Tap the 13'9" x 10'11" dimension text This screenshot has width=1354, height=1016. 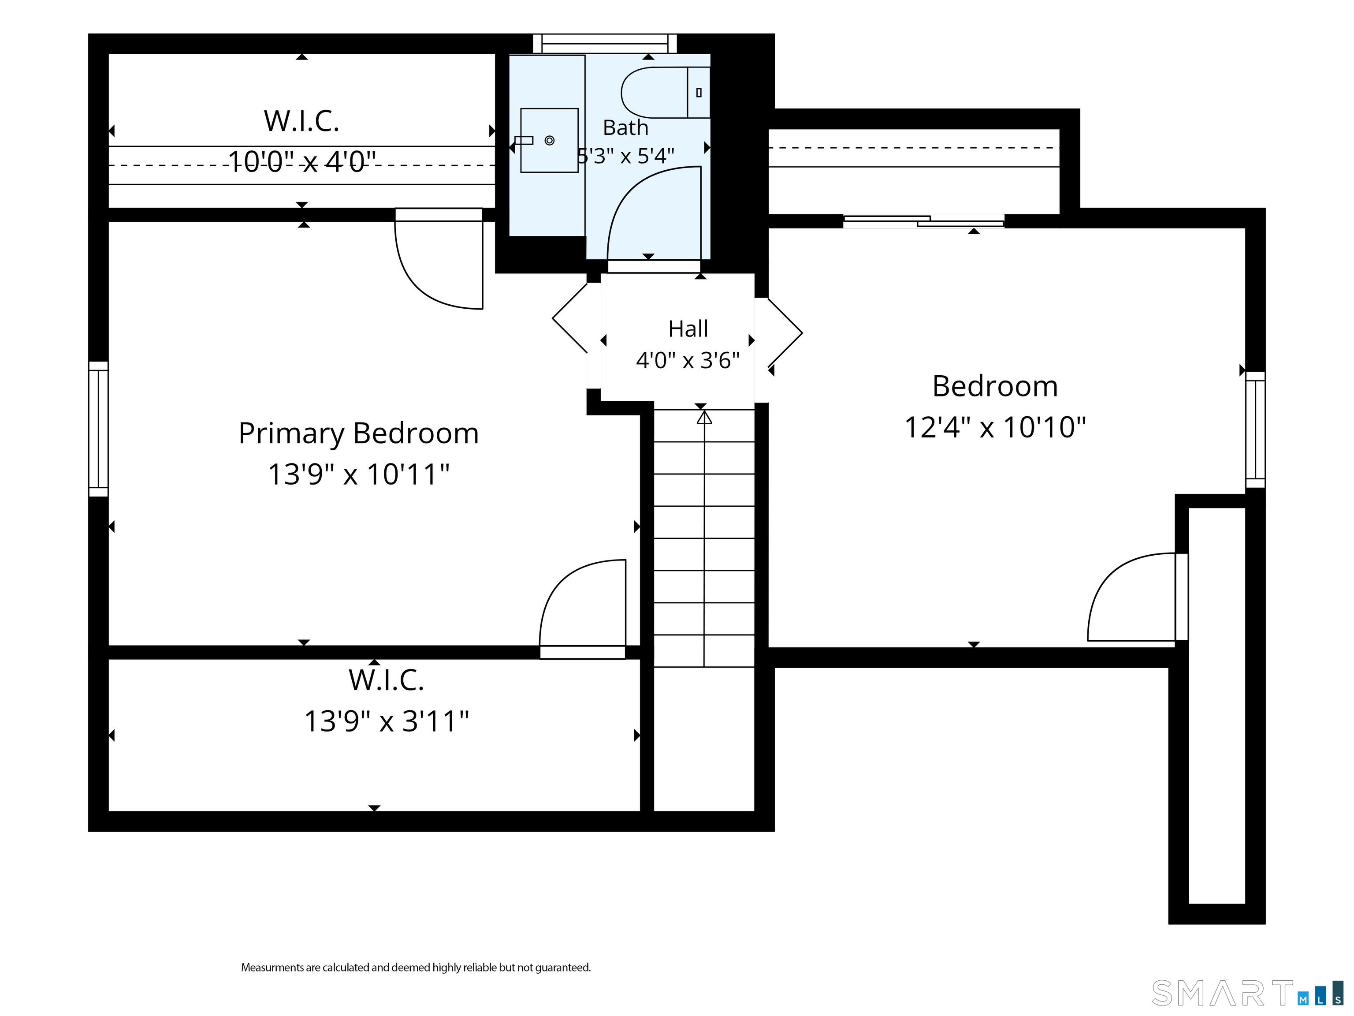359,474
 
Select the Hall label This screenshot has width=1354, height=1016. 688,329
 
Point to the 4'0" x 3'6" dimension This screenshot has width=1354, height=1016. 688,360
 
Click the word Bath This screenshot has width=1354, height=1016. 625,127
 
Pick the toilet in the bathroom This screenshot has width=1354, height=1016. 666,93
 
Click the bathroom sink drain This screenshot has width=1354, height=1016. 550,140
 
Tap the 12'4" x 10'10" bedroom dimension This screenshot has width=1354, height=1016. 995,427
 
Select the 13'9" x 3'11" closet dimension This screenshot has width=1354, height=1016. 386,721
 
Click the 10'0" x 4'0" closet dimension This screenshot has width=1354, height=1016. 302,162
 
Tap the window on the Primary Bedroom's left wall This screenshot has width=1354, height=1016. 99,429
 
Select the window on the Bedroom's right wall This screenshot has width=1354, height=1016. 1255,430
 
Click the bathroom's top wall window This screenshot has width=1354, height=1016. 605,44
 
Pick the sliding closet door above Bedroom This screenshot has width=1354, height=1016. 924,221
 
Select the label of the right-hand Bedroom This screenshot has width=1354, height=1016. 995,386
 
